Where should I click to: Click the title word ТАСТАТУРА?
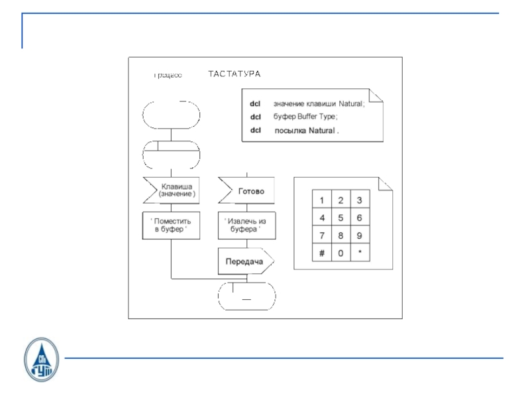tap(235, 74)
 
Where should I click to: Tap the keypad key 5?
tap(341, 218)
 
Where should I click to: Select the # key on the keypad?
tap(322, 253)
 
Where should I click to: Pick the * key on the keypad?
tap(359, 253)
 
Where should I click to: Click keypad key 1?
tap(322, 200)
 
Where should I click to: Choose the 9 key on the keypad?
tap(359, 235)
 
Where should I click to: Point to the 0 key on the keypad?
tap(341, 253)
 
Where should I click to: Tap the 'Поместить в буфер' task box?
tap(172, 226)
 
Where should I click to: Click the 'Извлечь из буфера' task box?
tap(246, 226)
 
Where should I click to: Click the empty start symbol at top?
tap(171, 114)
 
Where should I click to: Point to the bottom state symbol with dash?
tap(246, 296)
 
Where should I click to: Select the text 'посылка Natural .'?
tap(306, 131)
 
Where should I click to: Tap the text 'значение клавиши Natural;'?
tap(319, 103)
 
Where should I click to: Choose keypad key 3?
tap(359, 200)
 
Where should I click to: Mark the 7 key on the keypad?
tap(322, 235)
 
